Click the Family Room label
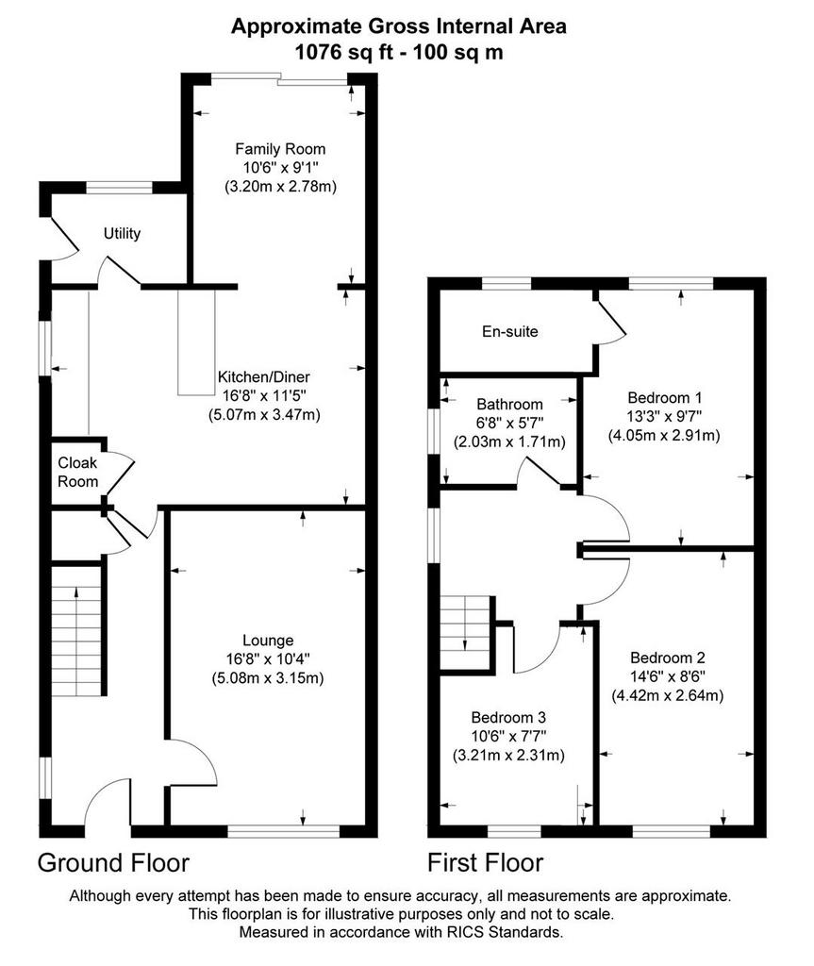(280, 149)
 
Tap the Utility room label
(122, 234)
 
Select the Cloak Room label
(77, 472)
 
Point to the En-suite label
(509, 331)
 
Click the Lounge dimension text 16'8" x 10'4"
(268, 659)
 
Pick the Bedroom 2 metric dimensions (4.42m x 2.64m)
(668, 695)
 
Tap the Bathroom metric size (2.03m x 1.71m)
(509, 441)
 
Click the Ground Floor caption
(113, 862)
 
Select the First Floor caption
(486, 862)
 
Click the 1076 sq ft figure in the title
(344, 53)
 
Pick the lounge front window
(284, 832)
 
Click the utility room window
(119, 188)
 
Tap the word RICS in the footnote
(463, 932)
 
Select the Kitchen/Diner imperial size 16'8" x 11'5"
(264, 395)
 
